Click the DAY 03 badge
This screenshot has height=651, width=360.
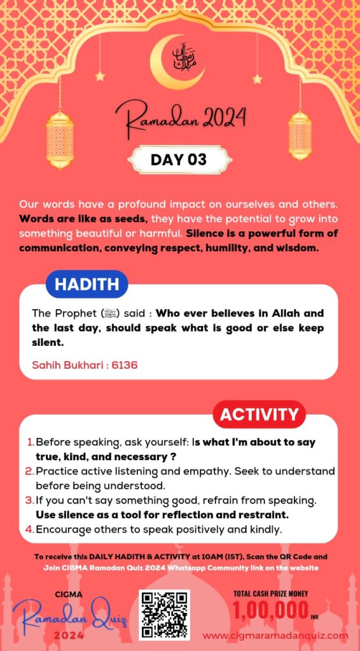178,160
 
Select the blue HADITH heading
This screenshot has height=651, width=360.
87,284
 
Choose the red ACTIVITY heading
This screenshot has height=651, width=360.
258,415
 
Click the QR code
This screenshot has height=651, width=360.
164,614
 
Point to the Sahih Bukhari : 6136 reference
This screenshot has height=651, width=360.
85,365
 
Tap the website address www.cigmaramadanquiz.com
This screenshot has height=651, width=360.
275,634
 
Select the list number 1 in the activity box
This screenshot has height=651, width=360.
31,442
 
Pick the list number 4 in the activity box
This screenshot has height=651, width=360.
30,529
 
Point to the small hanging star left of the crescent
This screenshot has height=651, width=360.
100,76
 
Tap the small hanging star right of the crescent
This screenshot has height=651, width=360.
257,79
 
